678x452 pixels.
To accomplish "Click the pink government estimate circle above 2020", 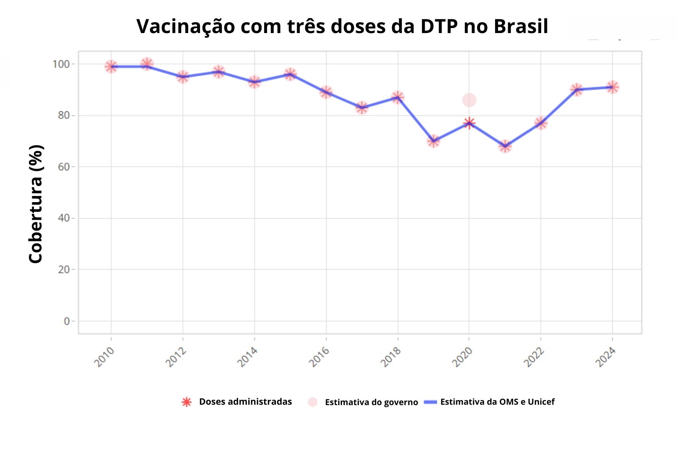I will (x=469, y=100).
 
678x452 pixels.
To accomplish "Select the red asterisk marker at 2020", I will (x=469, y=123).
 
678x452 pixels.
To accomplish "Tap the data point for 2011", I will (x=146, y=64).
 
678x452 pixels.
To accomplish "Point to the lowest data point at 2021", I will (x=505, y=146).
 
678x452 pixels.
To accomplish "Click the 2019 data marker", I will (x=434, y=141).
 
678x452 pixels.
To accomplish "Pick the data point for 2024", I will (x=612, y=87).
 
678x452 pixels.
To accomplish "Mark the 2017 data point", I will (x=362, y=108).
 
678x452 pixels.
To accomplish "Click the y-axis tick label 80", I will (x=64, y=116).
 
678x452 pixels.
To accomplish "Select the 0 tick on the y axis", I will (x=67, y=321).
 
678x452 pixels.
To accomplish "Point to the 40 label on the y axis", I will (x=64, y=218).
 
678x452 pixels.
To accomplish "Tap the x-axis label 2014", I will (x=248, y=357).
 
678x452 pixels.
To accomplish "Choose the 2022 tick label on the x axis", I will (x=534, y=357).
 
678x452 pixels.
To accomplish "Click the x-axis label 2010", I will (x=105, y=357).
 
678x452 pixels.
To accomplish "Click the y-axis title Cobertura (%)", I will (x=36, y=204).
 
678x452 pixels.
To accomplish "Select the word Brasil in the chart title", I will (x=521, y=26).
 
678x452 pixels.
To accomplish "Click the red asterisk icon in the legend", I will (x=187, y=402).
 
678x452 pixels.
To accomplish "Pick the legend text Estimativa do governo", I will (x=371, y=402).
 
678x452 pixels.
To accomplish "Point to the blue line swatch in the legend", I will (x=430, y=402).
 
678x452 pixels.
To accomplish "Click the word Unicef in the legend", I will (x=541, y=402).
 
